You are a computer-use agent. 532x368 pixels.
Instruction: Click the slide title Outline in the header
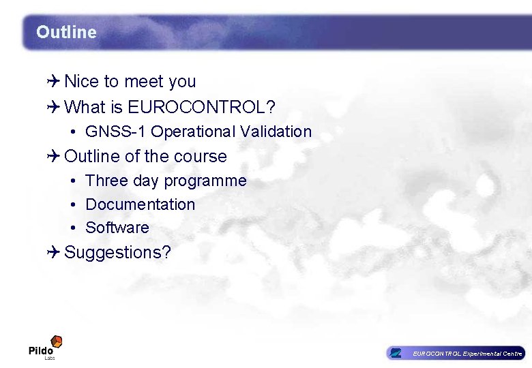pyautogui.click(x=66, y=32)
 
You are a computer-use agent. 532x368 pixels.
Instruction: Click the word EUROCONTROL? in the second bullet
pyautogui.click(x=201, y=107)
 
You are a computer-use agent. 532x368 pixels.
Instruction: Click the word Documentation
pyautogui.click(x=140, y=204)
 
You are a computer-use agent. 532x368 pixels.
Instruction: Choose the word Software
pyautogui.click(x=117, y=228)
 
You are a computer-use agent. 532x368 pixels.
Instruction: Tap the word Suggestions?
pyautogui.click(x=117, y=253)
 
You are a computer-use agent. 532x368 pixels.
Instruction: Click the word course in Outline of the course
pyautogui.click(x=200, y=157)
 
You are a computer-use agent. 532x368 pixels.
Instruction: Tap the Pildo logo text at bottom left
pyautogui.click(x=41, y=351)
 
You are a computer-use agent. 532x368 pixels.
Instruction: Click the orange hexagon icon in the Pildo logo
pyautogui.click(x=57, y=341)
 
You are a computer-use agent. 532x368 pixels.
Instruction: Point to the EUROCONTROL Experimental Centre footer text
pyautogui.click(x=467, y=354)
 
